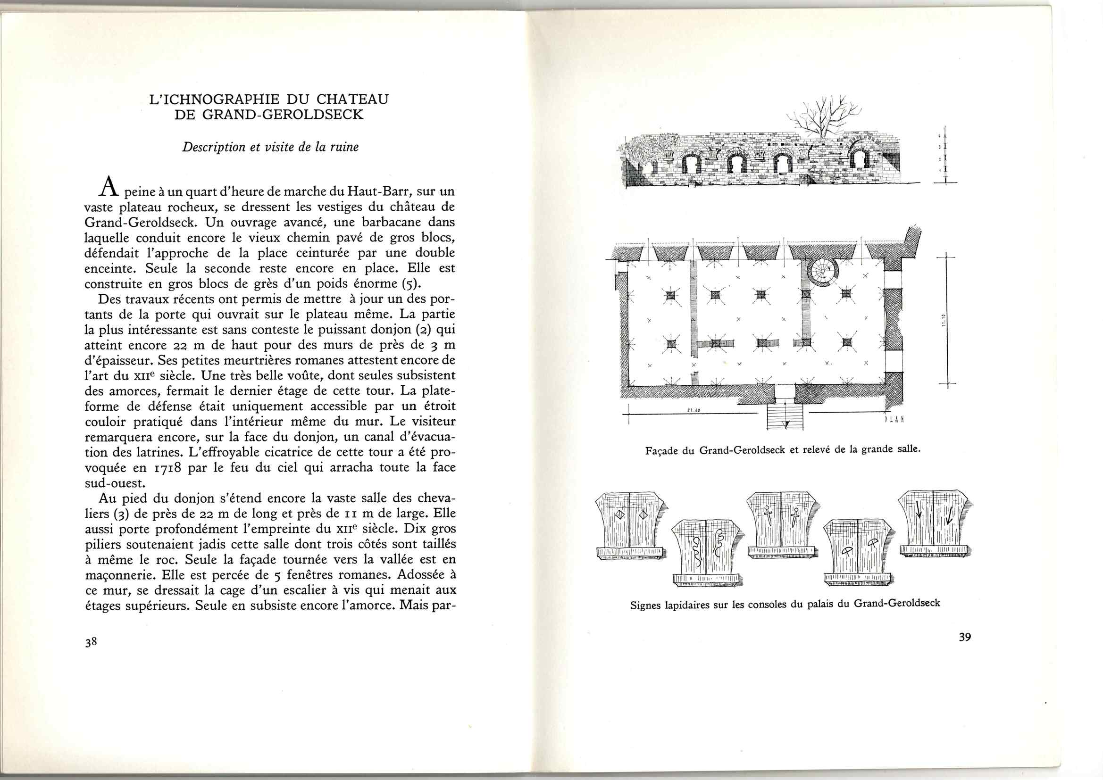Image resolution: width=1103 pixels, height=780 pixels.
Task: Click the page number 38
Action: (x=91, y=643)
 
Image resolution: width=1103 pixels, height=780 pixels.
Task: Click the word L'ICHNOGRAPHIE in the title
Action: (x=213, y=100)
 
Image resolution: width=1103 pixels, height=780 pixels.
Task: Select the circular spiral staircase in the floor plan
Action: (x=822, y=272)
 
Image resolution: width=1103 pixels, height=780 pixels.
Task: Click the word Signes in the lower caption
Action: (x=647, y=605)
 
